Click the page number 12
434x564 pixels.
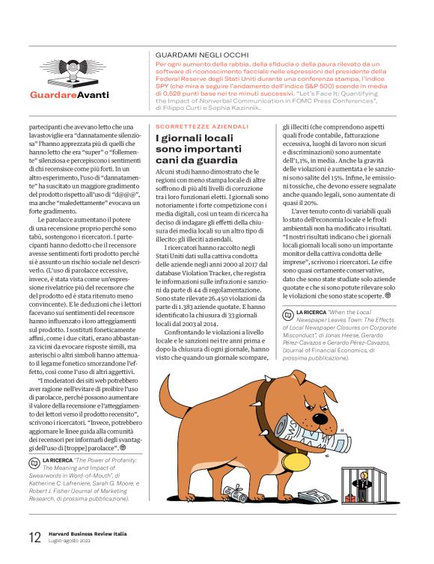[x=34, y=536]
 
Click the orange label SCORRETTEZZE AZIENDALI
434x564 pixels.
[x=201, y=126]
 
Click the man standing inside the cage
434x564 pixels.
[x=363, y=484]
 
